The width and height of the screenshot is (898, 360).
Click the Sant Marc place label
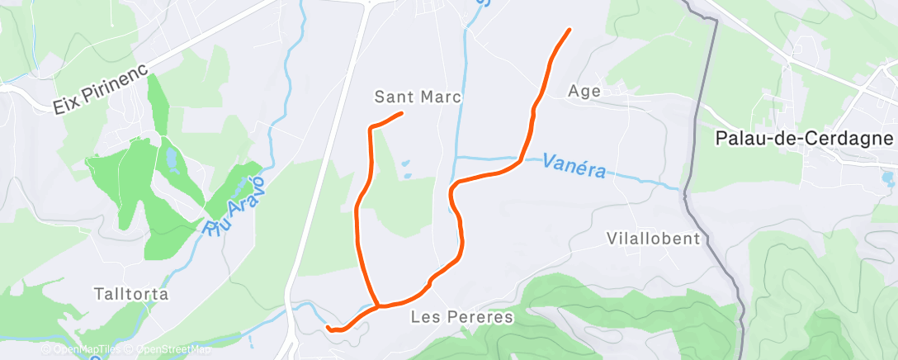(418, 97)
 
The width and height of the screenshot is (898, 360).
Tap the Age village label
(584, 92)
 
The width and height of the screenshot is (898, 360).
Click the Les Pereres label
(462, 317)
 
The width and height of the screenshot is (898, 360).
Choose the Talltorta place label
(131, 294)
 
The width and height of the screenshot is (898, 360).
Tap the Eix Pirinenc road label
(100, 90)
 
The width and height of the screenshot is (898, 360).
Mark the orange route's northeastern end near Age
(570, 31)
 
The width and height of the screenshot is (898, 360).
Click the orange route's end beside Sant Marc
(401, 113)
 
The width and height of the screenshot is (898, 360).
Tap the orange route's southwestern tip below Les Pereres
(328, 328)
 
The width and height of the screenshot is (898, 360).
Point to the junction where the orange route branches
(378, 307)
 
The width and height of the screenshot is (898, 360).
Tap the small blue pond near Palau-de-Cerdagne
(887, 177)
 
